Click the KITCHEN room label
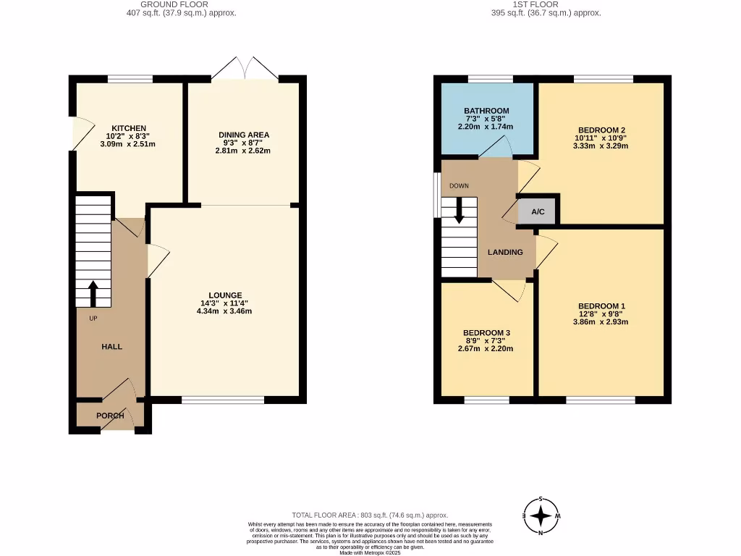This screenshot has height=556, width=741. pos(129,128)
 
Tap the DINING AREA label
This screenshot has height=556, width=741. pos(244,135)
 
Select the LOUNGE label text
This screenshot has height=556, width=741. pos(225,295)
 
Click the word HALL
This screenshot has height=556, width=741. pos(111,347)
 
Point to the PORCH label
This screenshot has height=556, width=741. pos(110,416)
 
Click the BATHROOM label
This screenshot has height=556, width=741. pos(486,111)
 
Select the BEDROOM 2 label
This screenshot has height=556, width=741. pos(600,130)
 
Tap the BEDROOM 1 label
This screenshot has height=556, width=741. pos(600,306)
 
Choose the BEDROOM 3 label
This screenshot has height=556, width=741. pos(486,333)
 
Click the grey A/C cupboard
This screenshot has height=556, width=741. pos(538,211)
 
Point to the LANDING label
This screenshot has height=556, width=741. pos(505,253)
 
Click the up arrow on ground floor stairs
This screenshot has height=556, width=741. pos(93,294)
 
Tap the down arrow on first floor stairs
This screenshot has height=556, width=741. pos(459,212)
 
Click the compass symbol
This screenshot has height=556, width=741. pos(541,516)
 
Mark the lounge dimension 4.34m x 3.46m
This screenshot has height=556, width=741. pos(225,311)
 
